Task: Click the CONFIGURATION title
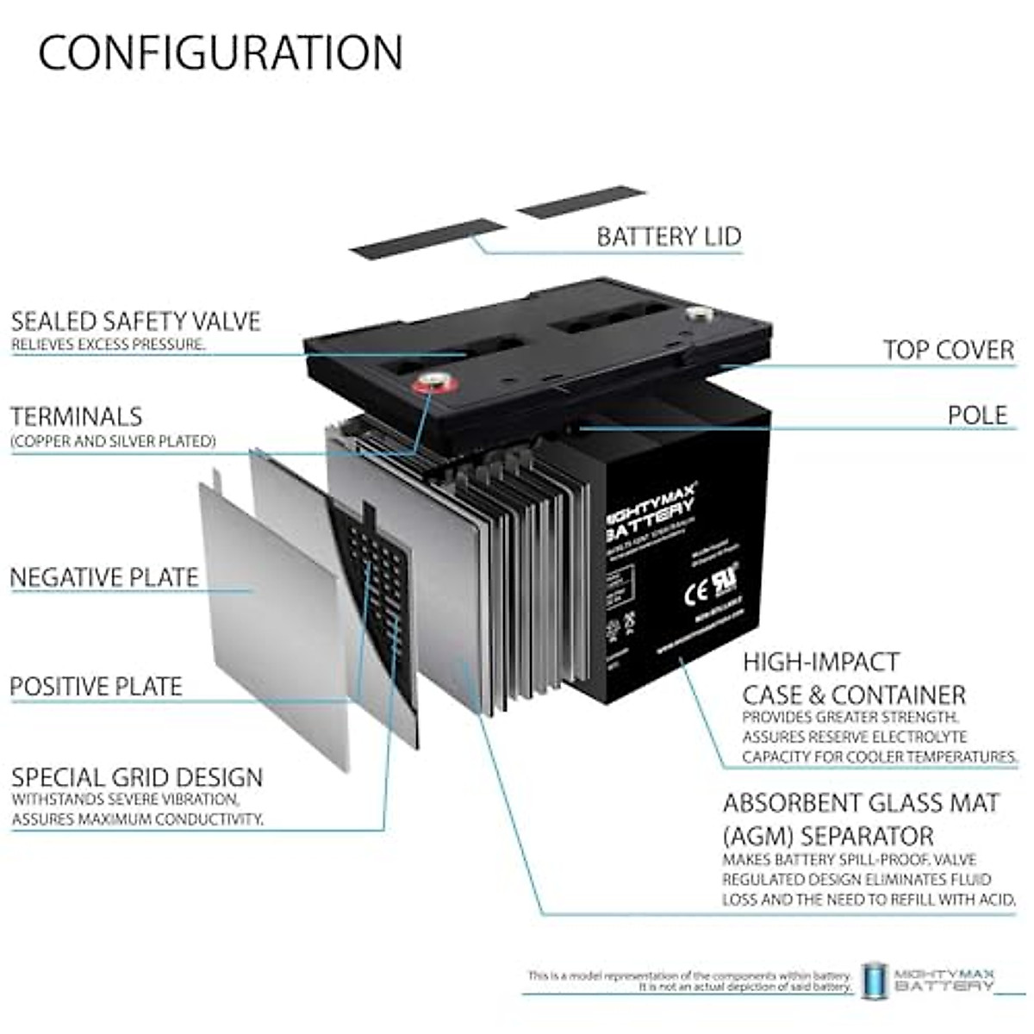pyautogui.click(x=220, y=53)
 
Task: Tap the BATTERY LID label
pyautogui.click(x=668, y=236)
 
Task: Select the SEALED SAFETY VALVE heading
pyautogui.click(x=135, y=321)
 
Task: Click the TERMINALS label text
pyautogui.click(x=76, y=417)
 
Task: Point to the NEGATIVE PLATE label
pyautogui.click(x=104, y=577)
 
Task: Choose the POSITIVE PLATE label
pyautogui.click(x=96, y=687)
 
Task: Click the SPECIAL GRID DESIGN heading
pyautogui.click(x=137, y=777)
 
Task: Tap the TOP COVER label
pyautogui.click(x=948, y=350)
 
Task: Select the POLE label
pyautogui.click(x=977, y=415)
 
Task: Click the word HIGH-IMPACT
pyautogui.click(x=821, y=663)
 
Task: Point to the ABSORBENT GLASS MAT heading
pyautogui.click(x=861, y=803)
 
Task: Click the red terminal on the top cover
pyautogui.click(x=428, y=381)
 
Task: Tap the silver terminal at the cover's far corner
pyautogui.click(x=696, y=314)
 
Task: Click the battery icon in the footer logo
pyautogui.click(x=874, y=980)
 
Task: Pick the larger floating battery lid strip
pyautogui.click(x=428, y=239)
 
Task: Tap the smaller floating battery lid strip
pyautogui.click(x=582, y=201)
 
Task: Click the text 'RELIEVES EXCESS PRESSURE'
pyautogui.click(x=108, y=345)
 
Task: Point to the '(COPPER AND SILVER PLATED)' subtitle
pyautogui.click(x=112, y=441)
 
